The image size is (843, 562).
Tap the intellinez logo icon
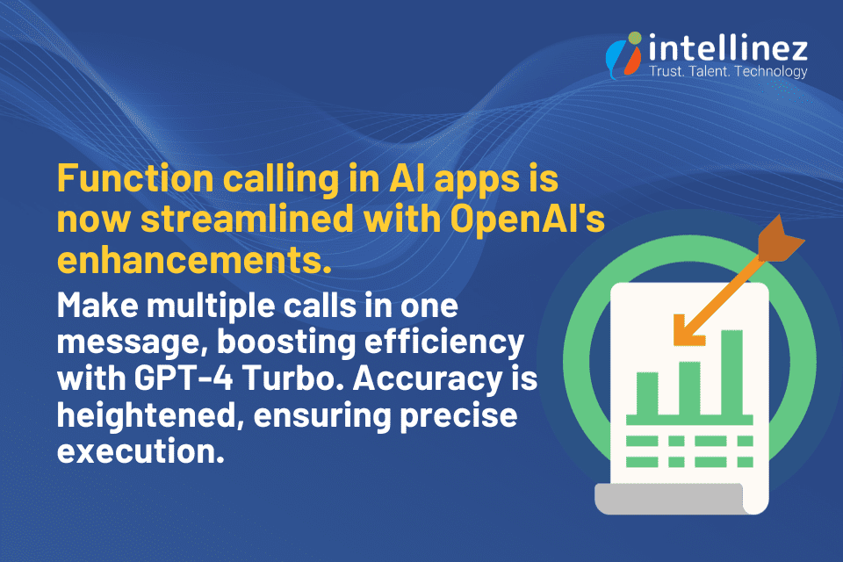[x=623, y=55]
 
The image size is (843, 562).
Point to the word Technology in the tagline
[x=771, y=72]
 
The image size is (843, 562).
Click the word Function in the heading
[x=135, y=178]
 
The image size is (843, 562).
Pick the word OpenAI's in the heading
[x=528, y=219]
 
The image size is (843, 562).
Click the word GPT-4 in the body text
[x=184, y=378]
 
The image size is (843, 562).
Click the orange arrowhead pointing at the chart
[x=687, y=329]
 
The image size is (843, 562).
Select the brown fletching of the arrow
[x=781, y=239]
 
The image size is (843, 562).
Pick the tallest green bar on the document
[x=731, y=372]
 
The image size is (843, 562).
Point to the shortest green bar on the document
[x=647, y=393]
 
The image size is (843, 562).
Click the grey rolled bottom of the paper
[x=669, y=499]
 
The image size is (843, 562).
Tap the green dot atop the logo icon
[x=635, y=38]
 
